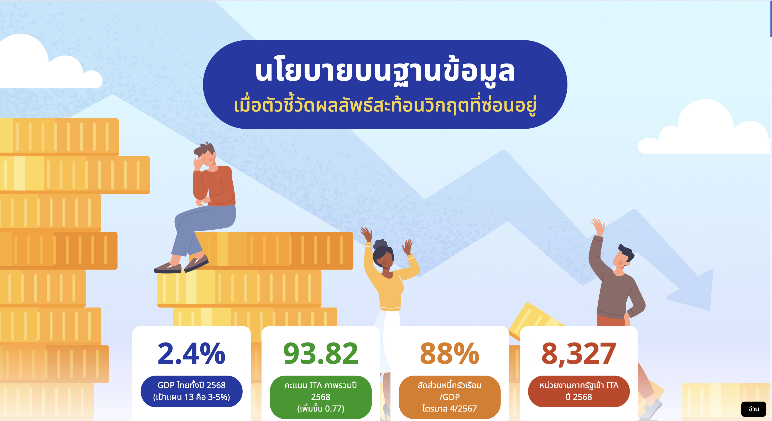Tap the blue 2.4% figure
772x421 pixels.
click(191, 354)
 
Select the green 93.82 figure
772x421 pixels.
click(321, 354)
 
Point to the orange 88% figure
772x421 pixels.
click(450, 354)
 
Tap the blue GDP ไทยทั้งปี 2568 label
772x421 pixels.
click(191, 391)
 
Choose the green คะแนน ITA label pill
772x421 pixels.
click(321, 397)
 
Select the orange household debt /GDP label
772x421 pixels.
click(450, 397)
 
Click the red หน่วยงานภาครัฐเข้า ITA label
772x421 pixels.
click(579, 391)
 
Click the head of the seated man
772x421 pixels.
click(205, 156)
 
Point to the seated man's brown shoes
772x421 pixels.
click(181, 265)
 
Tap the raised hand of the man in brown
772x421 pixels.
click(598, 226)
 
